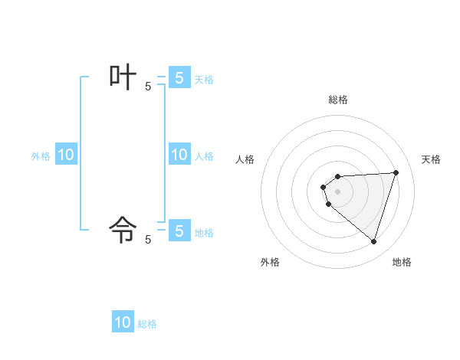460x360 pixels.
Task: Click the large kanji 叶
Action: (x=123, y=78)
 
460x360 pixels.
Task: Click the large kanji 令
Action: (x=123, y=228)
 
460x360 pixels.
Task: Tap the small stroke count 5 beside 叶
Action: (x=148, y=87)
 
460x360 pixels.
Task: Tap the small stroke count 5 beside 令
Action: (x=148, y=240)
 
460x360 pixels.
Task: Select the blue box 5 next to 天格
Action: (x=179, y=78)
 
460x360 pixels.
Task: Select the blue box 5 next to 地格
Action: (x=179, y=231)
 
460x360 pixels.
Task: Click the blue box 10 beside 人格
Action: (x=179, y=155)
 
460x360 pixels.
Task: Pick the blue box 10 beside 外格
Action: (x=66, y=155)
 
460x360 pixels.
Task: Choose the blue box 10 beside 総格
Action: (x=123, y=322)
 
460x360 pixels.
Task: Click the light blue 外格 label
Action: (x=41, y=156)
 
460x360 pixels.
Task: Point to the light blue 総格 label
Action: (x=147, y=324)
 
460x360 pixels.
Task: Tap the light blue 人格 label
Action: (x=204, y=156)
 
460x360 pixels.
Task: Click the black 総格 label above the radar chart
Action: (x=338, y=100)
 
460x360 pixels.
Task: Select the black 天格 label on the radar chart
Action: (x=431, y=159)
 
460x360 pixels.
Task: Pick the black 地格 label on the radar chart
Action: (x=402, y=262)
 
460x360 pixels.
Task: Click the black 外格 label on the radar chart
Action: (x=270, y=262)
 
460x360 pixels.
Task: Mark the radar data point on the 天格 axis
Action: (x=396, y=172)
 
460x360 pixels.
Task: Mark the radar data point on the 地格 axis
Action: (x=373, y=241)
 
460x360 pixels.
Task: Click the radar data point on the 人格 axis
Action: (x=324, y=187)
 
